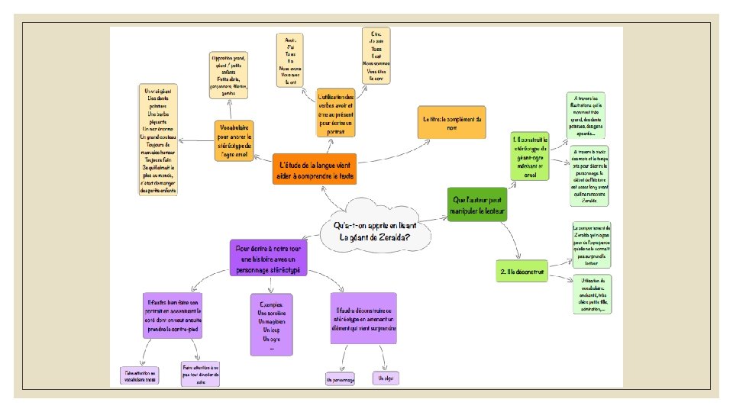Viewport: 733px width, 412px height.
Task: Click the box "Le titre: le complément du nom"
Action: click(452, 122)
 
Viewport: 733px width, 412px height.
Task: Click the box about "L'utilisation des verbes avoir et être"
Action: click(337, 112)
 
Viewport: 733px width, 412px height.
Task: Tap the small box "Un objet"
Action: click(386, 377)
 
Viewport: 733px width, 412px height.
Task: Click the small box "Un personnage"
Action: click(340, 378)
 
